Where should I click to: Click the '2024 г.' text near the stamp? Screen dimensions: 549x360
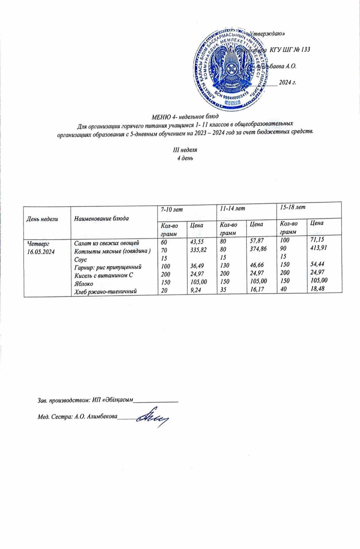click(x=287, y=82)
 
